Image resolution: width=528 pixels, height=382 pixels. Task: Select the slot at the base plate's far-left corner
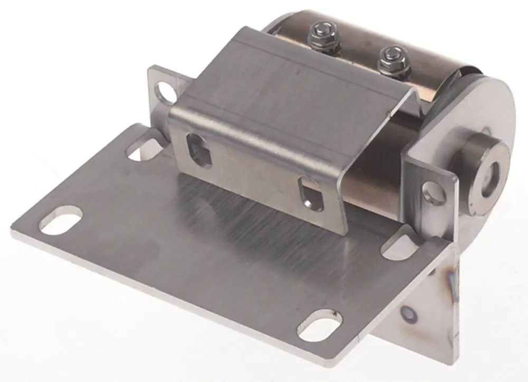(x=61, y=221)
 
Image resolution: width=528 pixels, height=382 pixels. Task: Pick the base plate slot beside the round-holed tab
(x=400, y=247)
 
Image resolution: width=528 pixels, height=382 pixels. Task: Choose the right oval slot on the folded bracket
(x=310, y=195)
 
